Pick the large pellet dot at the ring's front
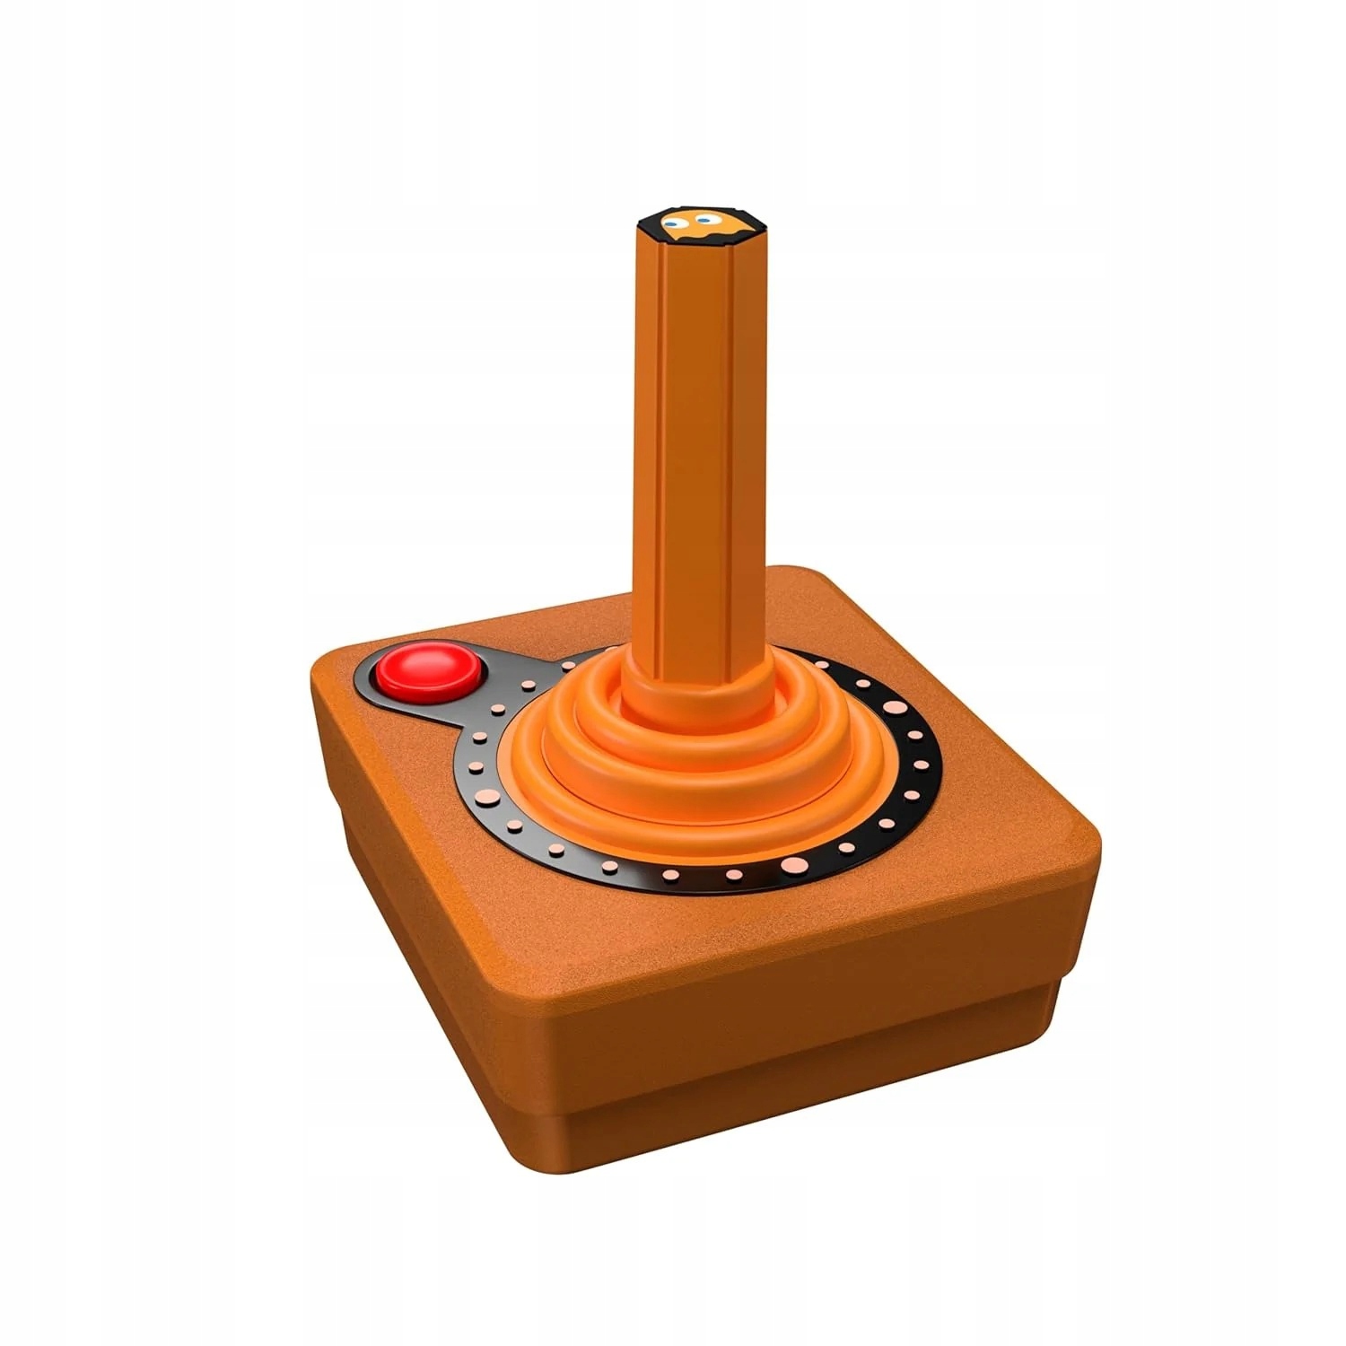coord(793,865)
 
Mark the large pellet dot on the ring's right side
coord(894,708)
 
